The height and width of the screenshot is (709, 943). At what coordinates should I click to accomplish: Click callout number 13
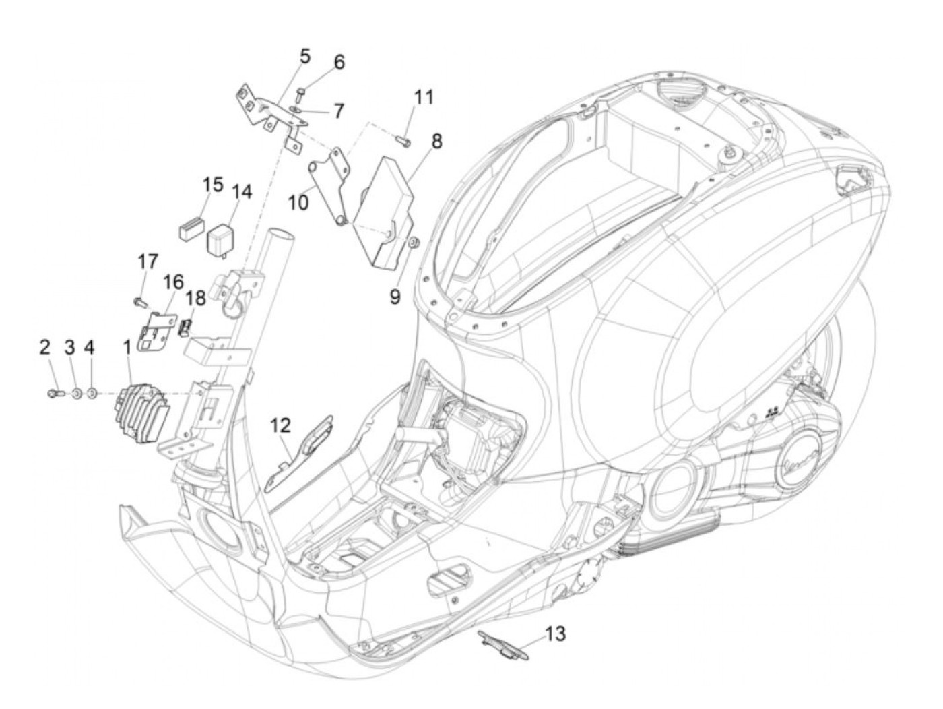click(x=556, y=634)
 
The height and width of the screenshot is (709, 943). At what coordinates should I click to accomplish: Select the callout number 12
click(x=281, y=425)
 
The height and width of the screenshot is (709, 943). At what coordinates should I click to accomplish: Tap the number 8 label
click(x=436, y=141)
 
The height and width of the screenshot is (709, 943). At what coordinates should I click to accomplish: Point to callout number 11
click(x=424, y=97)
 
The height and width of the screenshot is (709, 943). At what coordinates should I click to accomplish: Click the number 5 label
click(x=305, y=56)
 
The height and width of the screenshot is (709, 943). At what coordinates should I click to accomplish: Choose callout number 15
click(x=213, y=183)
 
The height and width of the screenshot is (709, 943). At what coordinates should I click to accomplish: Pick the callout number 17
click(x=148, y=261)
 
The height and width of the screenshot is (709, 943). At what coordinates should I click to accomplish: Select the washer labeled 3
click(x=75, y=392)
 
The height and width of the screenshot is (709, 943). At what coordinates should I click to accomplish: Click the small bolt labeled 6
click(x=301, y=92)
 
